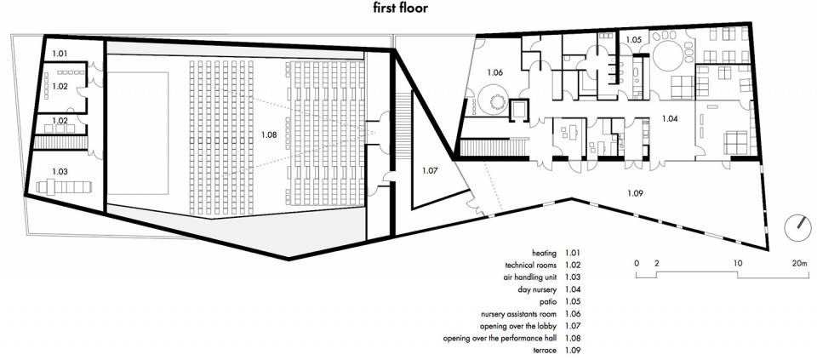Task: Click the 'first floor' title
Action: (400, 8)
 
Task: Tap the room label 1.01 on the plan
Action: (60, 53)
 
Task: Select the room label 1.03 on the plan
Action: (60, 171)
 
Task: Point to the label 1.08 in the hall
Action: (269, 135)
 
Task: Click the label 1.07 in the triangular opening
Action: (431, 170)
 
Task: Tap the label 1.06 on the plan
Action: (495, 73)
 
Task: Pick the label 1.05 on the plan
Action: (633, 40)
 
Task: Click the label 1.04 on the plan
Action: (670, 119)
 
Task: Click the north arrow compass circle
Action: (797, 229)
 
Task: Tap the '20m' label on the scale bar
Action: (798, 263)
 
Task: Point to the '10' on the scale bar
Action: (737, 263)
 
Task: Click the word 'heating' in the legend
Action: (545, 254)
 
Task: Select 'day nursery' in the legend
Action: (537, 289)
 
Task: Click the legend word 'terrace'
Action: (546, 350)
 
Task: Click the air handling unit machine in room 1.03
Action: (65, 186)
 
